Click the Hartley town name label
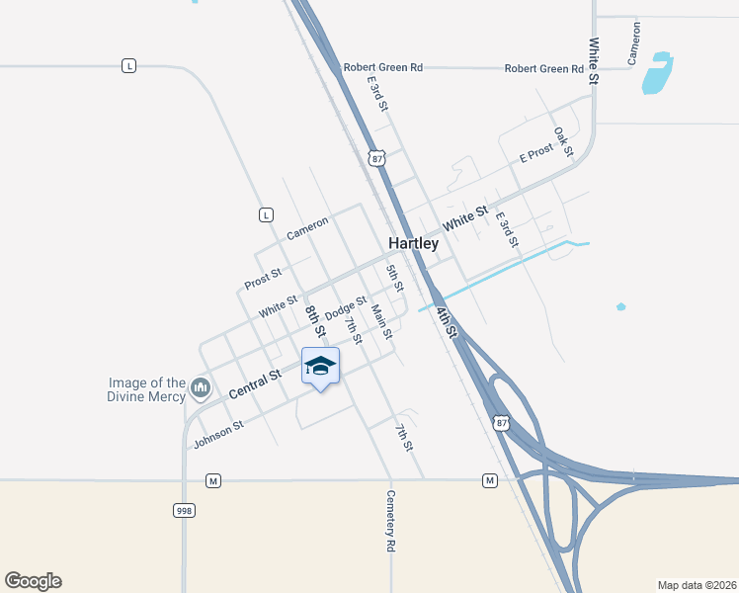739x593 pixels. [x=413, y=243]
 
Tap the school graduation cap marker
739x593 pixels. [x=319, y=367]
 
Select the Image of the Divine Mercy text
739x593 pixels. [x=147, y=390]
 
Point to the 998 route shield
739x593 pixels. [x=183, y=510]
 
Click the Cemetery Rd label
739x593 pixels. [x=391, y=520]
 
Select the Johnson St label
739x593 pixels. [x=218, y=434]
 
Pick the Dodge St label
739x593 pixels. [x=346, y=307]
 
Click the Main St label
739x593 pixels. [x=379, y=321]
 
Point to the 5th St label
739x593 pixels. [x=395, y=278]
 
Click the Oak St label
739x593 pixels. [x=563, y=141]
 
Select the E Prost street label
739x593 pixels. [x=536, y=156]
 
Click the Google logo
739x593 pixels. [x=33, y=581]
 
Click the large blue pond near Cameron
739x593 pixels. [x=657, y=74]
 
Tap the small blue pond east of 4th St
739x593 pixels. [x=620, y=306]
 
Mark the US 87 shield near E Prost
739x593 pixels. [x=374, y=158]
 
